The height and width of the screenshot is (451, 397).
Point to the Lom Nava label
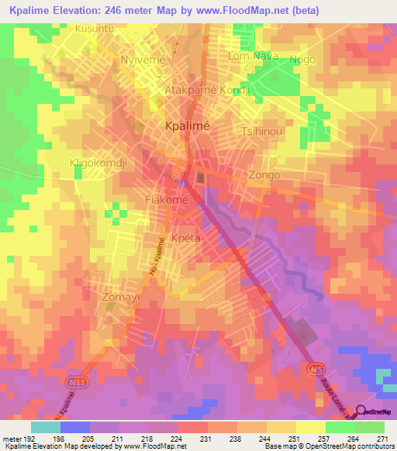coord(252,56)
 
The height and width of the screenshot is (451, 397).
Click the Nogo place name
coord(302,60)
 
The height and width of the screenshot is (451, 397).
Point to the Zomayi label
coord(120,296)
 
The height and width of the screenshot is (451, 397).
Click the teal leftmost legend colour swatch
coord(46,427)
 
